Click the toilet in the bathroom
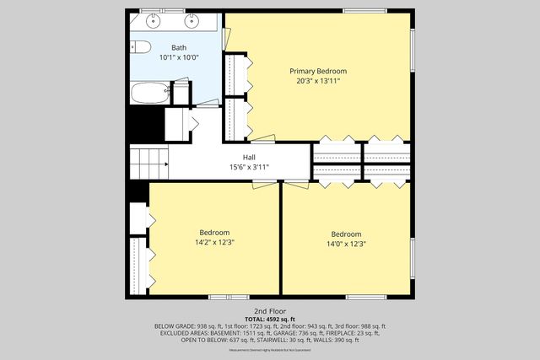pyautogui.click(x=140, y=46)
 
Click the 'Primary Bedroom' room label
pyautogui.click(x=318, y=71)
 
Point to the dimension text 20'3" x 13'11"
pyautogui.click(x=318, y=82)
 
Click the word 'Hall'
pyautogui.click(x=249, y=157)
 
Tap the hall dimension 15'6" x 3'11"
pyautogui.click(x=249, y=167)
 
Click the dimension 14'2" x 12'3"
pyautogui.click(x=214, y=243)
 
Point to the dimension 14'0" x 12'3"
pyautogui.click(x=346, y=244)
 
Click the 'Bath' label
pyautogui.click(x=179, y=47)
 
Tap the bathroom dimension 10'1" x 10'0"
pyautogui.click(x=179, y=57)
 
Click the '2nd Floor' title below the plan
pyautogui.click(x=270, y=311)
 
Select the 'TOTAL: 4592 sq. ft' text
pyautogui.click(x=270, y=319)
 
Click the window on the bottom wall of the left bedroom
pyautogui.click(x=228, y=297)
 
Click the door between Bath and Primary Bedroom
pyautogui.click(x=225, y=37)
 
